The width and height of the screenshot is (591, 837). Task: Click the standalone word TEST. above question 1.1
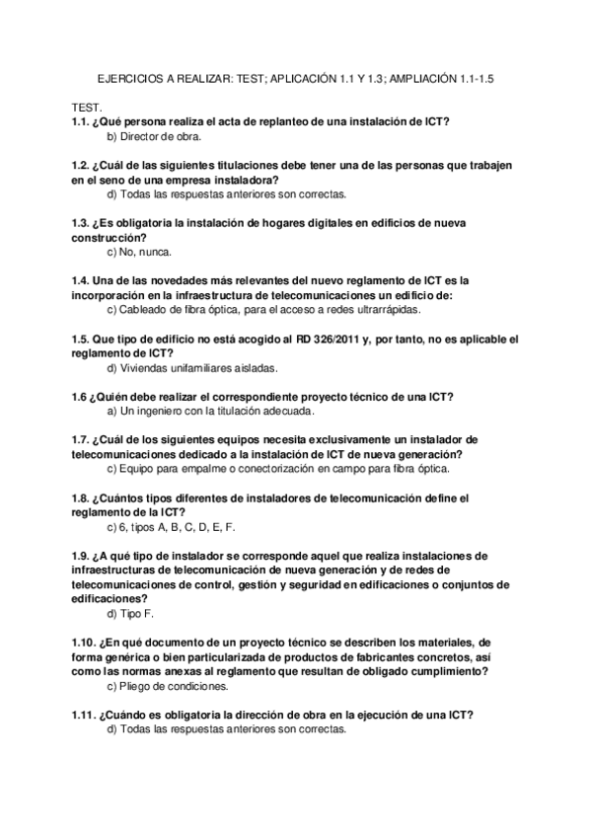click(x=88, y=106)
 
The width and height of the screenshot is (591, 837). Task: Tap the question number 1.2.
click(x=80, y=166)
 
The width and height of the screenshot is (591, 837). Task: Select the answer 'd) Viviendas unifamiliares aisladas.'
click(x=191, y=368)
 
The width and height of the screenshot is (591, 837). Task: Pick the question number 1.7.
click(x=80, y=439)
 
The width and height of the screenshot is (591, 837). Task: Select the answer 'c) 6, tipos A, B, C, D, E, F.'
click(x=171, y=527)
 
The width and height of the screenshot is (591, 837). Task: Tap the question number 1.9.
click(x=80, y=556)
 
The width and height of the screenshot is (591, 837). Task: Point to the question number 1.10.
click(x=83, y=643)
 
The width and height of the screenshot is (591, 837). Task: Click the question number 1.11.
click(x=83, y=715)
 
